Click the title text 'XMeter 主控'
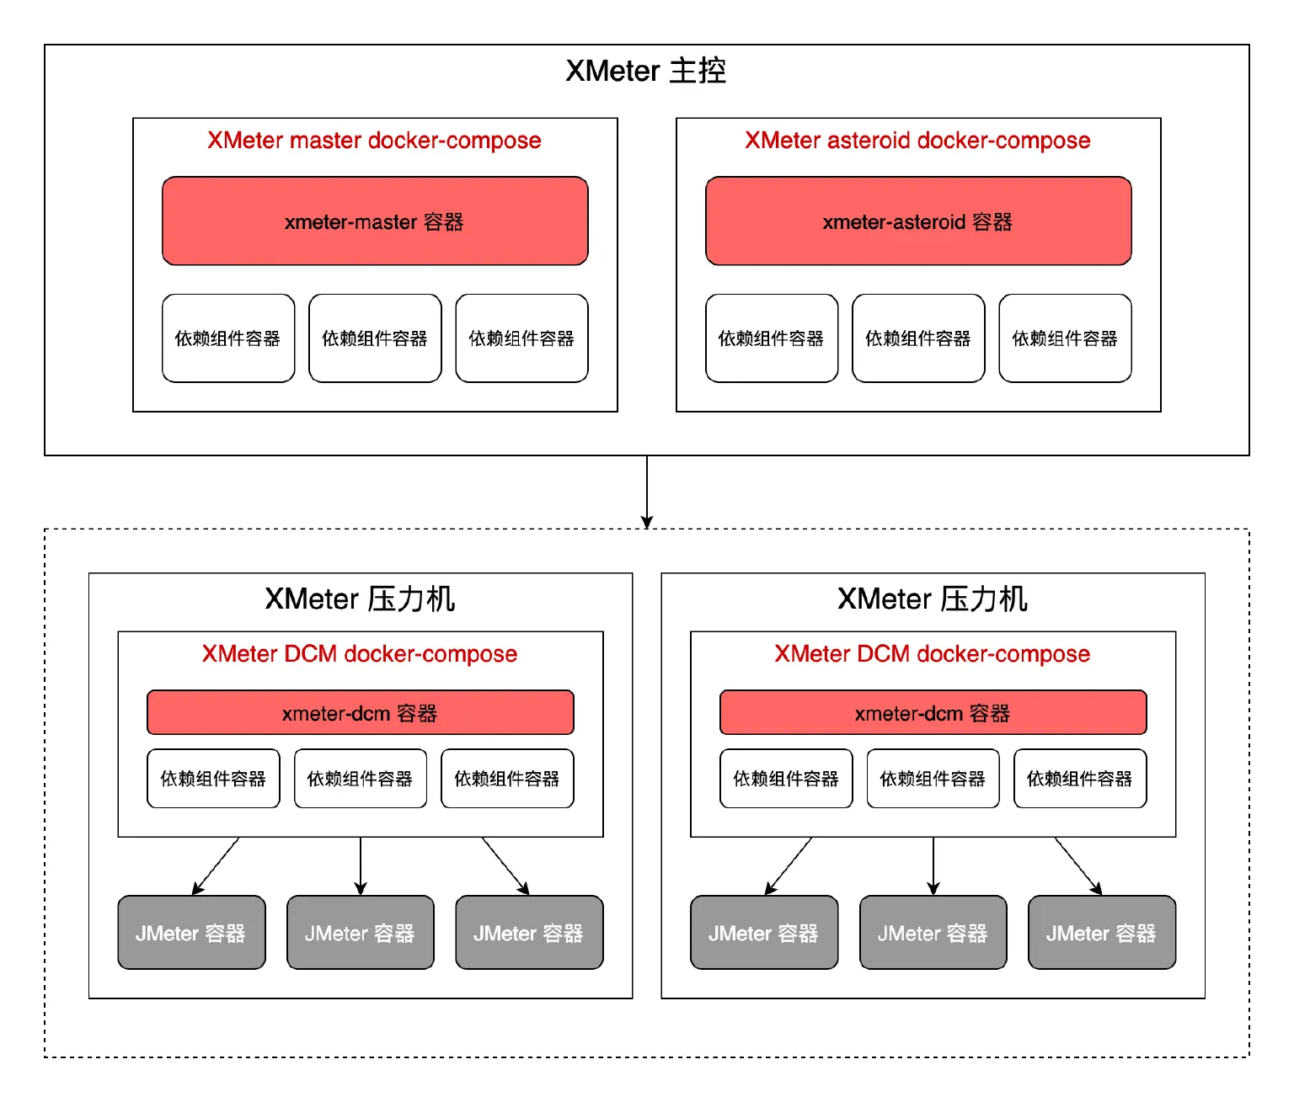645,71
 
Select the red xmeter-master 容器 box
375,221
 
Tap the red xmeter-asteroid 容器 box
918,221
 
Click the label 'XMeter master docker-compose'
374,141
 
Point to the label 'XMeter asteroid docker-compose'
917,141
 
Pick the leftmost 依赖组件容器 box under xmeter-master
228,338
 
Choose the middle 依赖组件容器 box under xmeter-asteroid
918,338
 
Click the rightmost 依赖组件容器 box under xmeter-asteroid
1065,338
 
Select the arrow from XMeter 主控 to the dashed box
647,492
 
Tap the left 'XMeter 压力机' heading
360,599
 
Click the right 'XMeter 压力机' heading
933,599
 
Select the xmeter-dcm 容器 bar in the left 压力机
360,713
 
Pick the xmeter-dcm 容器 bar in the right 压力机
933,713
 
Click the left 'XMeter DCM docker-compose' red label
360,654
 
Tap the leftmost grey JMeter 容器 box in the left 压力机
191,933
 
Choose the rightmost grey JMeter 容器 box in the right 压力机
1101,933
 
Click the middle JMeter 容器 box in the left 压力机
360,933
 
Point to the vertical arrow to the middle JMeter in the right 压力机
933,865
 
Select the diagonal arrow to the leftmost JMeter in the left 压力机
216,866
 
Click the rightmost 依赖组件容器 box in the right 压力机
1079,779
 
